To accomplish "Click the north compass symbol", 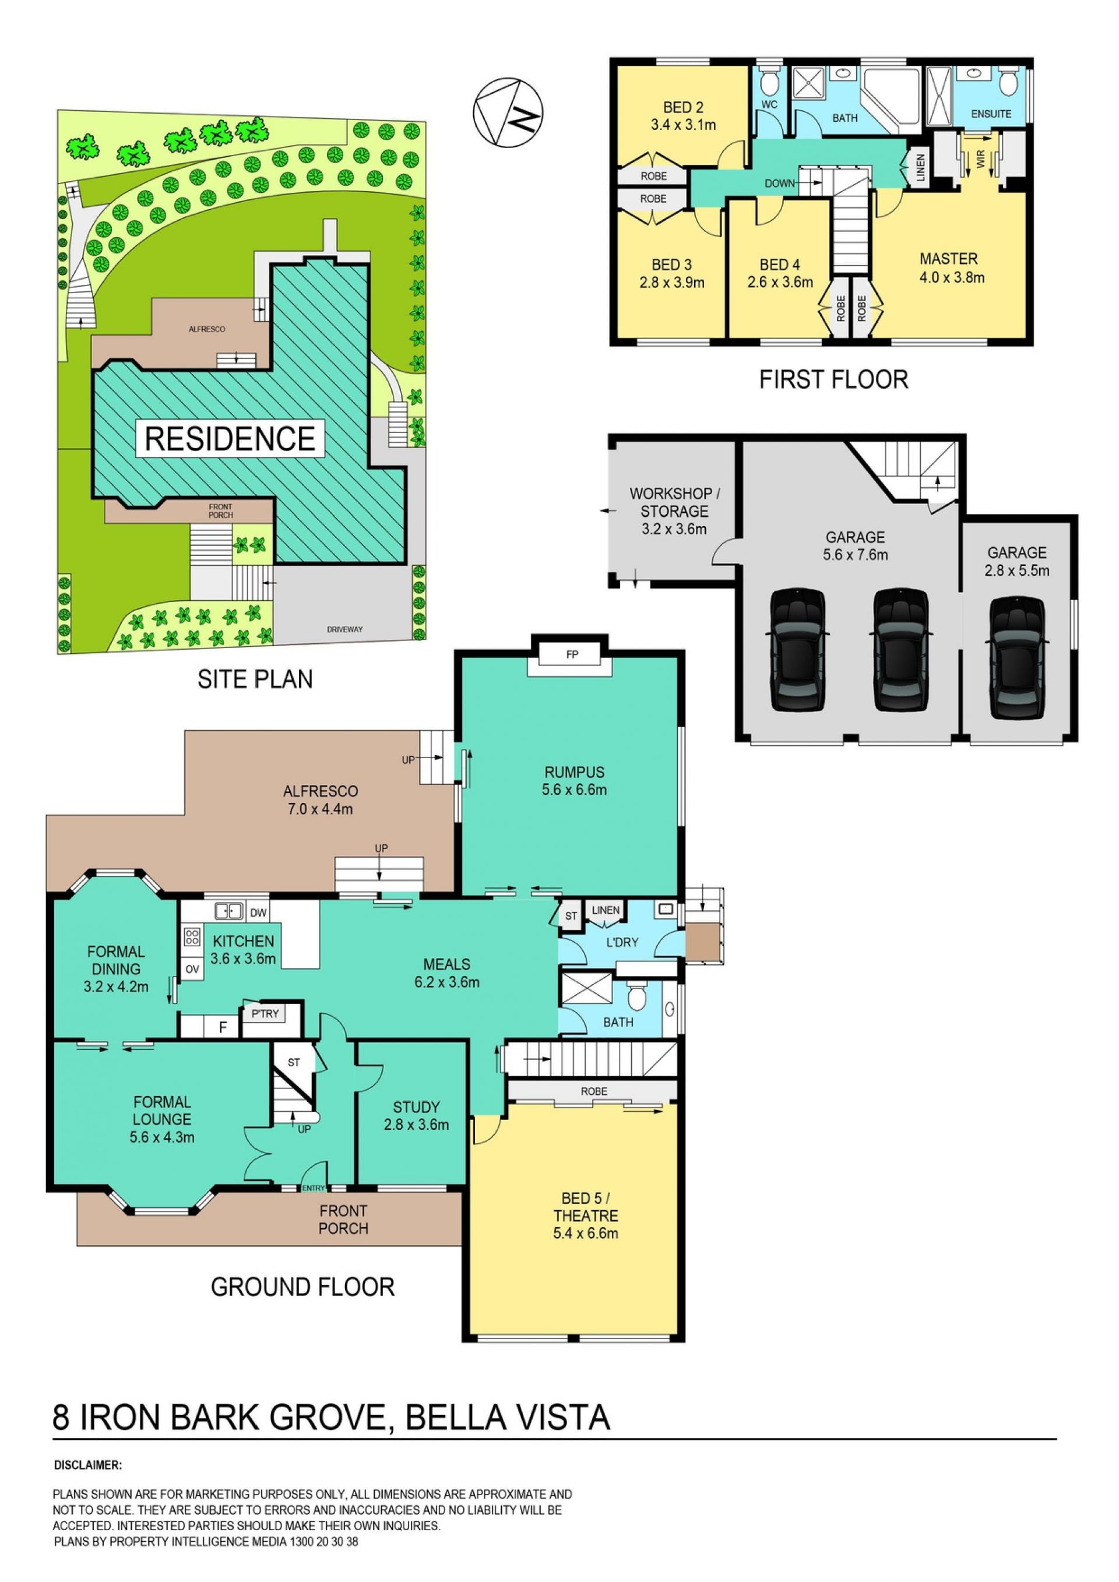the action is coord(507,112).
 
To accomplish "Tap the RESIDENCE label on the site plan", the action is coord(230,438).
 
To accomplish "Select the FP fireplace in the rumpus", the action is coord(571,654).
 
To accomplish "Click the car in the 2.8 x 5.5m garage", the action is coord(1017,658).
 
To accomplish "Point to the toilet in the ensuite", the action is coord(1007,82).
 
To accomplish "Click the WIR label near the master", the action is coord(980,161).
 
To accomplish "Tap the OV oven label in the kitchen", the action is coord(192,969).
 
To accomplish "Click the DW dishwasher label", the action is coord(258,913).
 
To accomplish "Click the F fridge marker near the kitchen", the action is coord(223,1027).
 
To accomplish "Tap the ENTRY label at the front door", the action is coord(314,1187).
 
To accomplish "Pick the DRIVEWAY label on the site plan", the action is coord(344,629).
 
